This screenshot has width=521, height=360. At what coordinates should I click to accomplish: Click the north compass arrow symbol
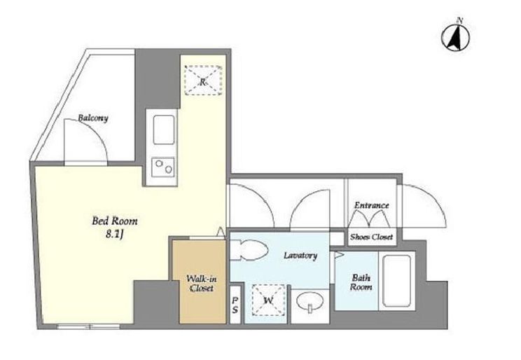point(455,36)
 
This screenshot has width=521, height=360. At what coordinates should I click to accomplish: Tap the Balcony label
point(93,118)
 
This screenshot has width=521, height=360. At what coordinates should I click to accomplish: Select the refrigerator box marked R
point(203,81)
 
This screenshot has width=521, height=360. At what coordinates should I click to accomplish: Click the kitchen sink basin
point(164,130)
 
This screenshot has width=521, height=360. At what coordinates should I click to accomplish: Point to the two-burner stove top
point(163,167)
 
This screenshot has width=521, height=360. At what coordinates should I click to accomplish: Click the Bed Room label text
point(115,221)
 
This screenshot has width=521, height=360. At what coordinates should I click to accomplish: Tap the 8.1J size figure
point(115,235)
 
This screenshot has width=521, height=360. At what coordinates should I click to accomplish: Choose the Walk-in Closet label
point(202,283)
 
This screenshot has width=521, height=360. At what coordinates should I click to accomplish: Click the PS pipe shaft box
point(235,305)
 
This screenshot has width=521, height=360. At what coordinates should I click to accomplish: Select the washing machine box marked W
point(268,300)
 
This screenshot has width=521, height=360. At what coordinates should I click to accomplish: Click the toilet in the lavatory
point(249,249)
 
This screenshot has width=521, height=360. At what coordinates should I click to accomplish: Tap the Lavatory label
point(300,256)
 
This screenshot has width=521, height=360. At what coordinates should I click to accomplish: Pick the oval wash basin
point(310,302)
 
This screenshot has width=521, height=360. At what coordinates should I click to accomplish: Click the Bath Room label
point(361,282)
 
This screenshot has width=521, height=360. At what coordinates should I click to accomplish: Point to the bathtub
point(397,282)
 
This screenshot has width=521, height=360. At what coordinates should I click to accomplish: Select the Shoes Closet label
point(371,237)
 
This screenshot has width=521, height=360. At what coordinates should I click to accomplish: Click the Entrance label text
point(371,205)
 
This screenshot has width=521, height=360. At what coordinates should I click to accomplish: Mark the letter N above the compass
point(460,20)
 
